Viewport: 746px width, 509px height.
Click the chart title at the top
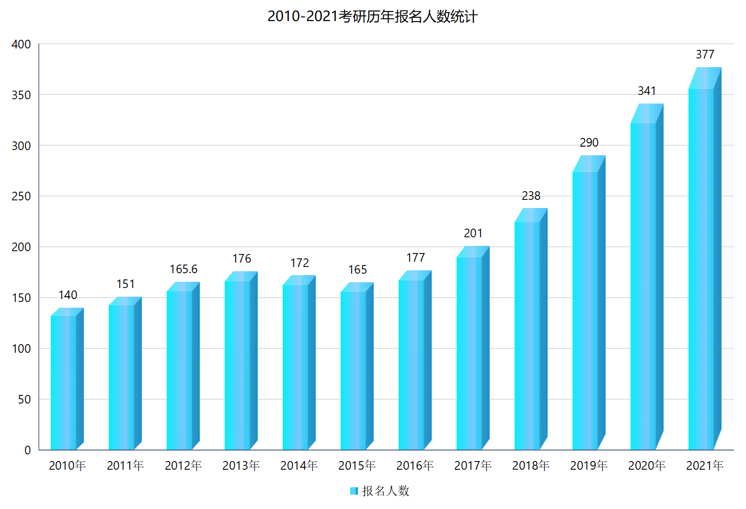(372, 17)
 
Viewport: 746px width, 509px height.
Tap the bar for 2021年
(701, 268)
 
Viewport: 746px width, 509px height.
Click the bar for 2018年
(527, 335)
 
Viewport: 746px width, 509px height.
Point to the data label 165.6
(184, 269)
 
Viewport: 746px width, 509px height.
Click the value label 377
(705, 55)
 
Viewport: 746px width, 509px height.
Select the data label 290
(589, 143)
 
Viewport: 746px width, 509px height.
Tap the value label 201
(473, 233)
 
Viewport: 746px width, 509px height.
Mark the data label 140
(68, 295)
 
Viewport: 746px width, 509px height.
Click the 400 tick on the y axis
(21, 45)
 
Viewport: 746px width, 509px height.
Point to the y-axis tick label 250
(21, 197)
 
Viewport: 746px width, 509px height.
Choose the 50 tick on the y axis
(24, 400)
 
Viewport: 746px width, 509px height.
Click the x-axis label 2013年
(241, 465)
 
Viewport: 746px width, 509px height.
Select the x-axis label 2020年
(647, 465)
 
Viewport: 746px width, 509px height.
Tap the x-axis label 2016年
(415, 465)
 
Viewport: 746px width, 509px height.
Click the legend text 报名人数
(386, 491)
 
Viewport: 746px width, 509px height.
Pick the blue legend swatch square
(354, 491)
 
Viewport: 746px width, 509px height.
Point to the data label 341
(647, 91)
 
